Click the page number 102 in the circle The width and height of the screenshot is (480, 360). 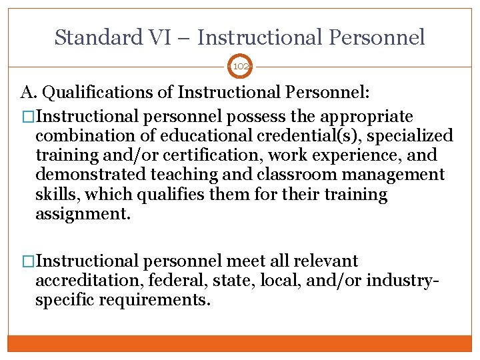click(240, 66)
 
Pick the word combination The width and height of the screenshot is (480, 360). click(82, 137)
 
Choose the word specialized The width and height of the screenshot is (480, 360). click(407, 137)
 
